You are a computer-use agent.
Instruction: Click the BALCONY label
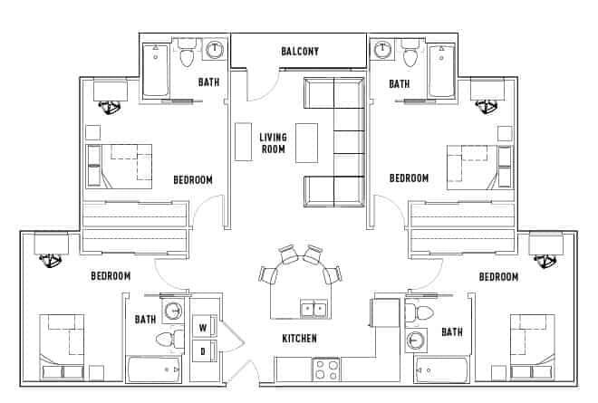[x=299, y=52]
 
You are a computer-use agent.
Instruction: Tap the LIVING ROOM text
[x=273, y=143]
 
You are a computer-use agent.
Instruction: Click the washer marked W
[x=203, y=328]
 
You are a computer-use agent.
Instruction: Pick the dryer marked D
[x=203, y=350]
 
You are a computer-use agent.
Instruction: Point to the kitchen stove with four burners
[x=326, y=369]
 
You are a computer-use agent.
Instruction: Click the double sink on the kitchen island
[x=313, y=310]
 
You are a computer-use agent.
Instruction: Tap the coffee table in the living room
[x=307, y=142]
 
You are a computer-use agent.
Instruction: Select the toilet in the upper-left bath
[x=188, y=56]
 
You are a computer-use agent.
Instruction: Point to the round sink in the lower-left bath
[x=172, y=311]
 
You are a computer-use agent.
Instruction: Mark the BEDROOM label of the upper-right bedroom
[x=409, y=178]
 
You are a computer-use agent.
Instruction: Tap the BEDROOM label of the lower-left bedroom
[x=111, y=275]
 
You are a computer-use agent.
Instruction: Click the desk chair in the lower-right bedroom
[x=546, y=261]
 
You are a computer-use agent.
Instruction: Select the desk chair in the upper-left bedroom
[x=113, y=109]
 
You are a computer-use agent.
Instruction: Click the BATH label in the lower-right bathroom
[x=451, y=332]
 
